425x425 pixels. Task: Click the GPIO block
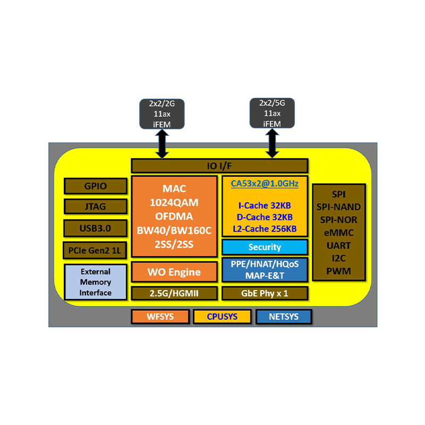click(x=96, y=186)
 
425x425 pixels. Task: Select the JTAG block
click(x=96, y=206)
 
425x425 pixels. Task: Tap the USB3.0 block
click(x=96, y=227)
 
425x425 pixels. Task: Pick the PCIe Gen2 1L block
click(x=96, y=249)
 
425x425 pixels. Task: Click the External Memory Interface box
click(x=96, y=282)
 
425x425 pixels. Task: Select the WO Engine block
click(x=174, y=272)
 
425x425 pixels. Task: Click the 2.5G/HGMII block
click(x=174, y=293)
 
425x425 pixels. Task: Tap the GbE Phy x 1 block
click(x=265, y=293)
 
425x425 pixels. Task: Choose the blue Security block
click(x=265, y=247)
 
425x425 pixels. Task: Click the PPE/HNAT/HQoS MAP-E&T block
click(x=265, y=270)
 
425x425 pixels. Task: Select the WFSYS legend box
click(x=160, y=317)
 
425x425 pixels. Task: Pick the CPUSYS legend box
click(x=222, y=317)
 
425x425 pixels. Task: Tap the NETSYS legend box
click(x=284, y=317)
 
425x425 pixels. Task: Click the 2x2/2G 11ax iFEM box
click(x=162, y=113)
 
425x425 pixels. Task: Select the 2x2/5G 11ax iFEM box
click(x=272, y=113)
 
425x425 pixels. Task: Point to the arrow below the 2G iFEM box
click(x=162, y=143)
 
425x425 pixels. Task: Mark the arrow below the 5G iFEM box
click(x=272, y=143)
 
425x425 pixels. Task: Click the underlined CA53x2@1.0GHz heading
click(x=265, y=184)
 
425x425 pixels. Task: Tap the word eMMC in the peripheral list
click(x=338, y=232)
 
